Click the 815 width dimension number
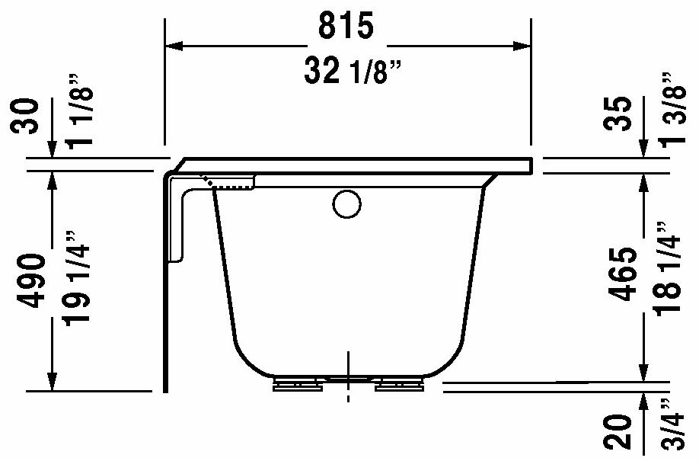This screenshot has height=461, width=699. pyautogui.click(x=346, y=25)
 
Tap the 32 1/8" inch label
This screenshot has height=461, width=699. pyautogui.click(x=353, y=71)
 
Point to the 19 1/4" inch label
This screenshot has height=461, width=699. pyautogui.click(x=78, y=278)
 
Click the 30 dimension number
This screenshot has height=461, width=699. pyautogui.click(x=24, y=116)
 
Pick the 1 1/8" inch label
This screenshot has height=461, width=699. pyautogui.click(x=79, y=110)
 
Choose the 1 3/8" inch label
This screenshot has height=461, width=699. pyautogui.click(x=672, y=108)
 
